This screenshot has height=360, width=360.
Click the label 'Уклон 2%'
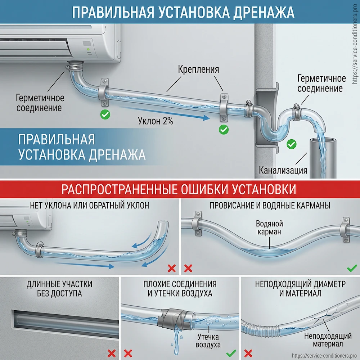[155, 121]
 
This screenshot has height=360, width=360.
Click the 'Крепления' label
[198, 69]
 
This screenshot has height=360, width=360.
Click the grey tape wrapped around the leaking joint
[174, 317]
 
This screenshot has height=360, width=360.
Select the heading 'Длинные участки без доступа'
[59, 289]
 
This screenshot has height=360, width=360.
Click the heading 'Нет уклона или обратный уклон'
[90, 206]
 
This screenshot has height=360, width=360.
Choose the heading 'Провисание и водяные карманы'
[270, 206]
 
